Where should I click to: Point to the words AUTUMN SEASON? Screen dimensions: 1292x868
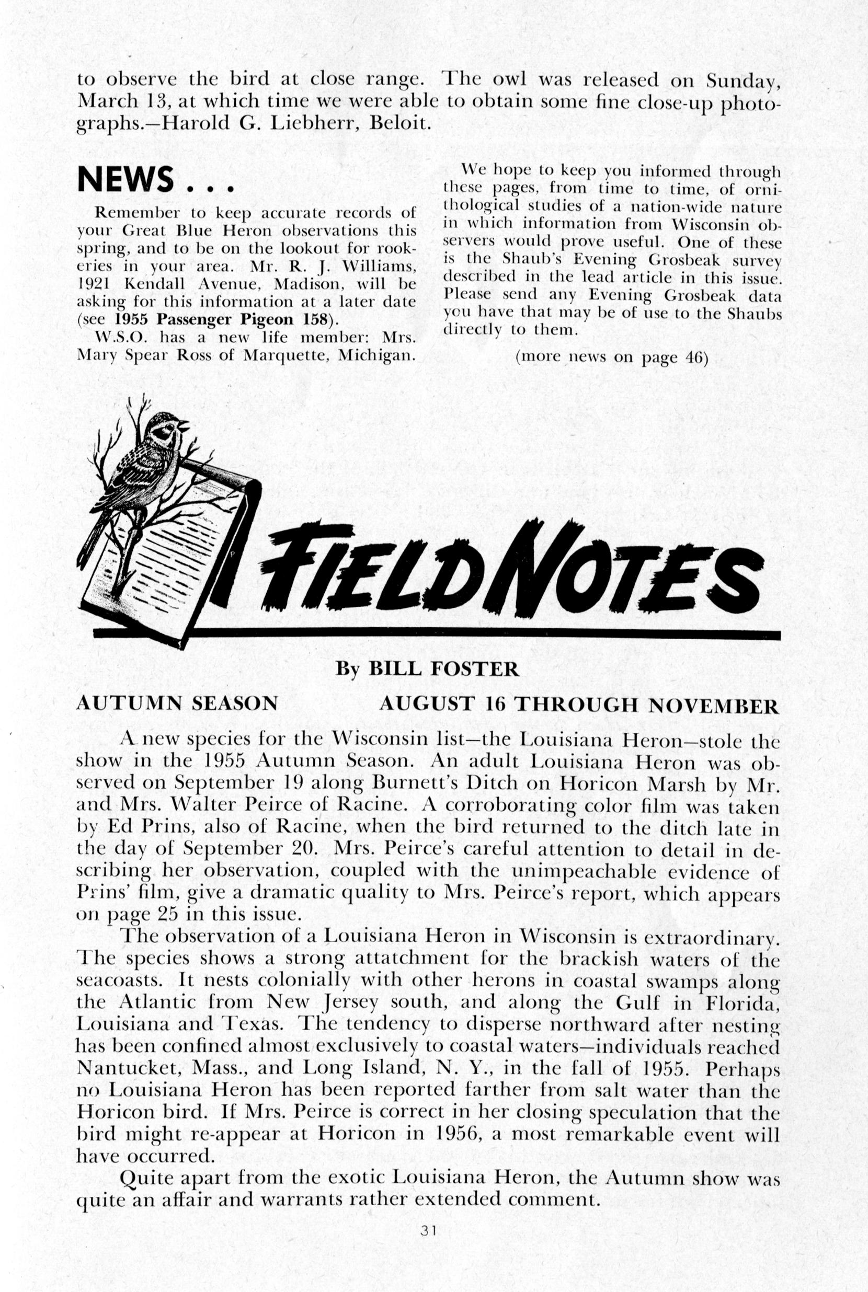(x=177, y=703)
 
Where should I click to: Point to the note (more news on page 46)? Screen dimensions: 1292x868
(x=612, y=357)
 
